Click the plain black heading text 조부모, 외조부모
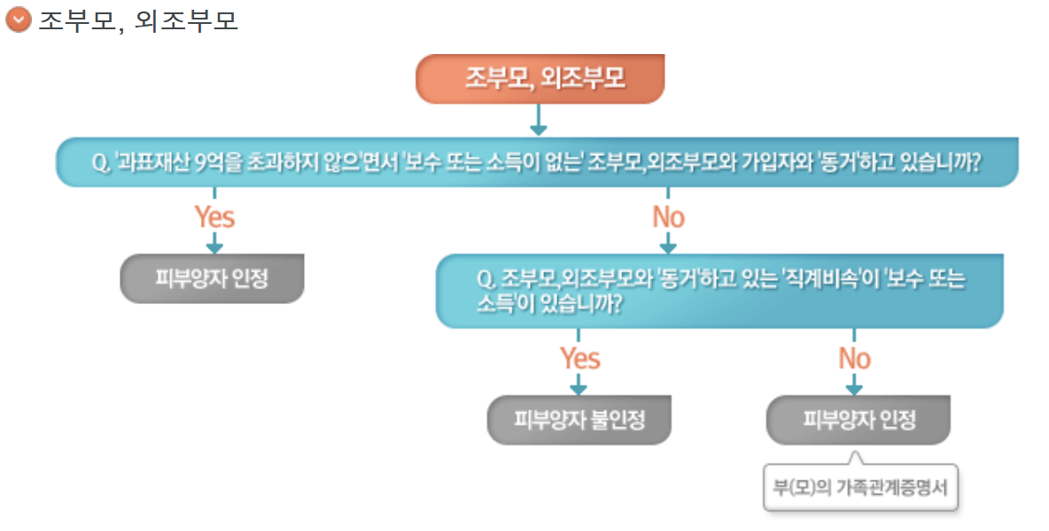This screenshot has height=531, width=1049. [x=137, y=20]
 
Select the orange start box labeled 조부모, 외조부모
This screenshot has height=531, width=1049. [x=540, y=79]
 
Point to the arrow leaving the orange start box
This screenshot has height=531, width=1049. [x=539, y=121]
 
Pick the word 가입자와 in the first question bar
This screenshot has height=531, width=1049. [x=792, y=163]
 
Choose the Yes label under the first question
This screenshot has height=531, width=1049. [x=214, y=216]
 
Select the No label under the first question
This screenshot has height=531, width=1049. [x=668, y=216]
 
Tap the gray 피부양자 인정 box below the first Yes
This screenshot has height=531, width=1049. [x=212, y=279]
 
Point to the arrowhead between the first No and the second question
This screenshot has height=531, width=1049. [x=668, y=246]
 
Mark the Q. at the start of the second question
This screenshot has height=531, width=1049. [x=486, y=279]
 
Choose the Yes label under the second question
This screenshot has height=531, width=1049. [x=579, y=358]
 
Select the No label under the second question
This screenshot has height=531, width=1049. [x=854, y=358]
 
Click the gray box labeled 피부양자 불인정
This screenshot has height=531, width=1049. [x=579, y=419]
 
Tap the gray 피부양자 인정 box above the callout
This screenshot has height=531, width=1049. [x=858, y=419]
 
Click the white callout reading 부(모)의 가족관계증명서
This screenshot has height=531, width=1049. [x=860, y=487]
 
